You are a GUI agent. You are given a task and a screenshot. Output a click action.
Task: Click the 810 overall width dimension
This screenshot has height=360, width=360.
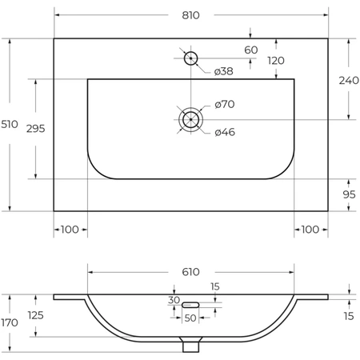pyautogui.click(x=190, y=15)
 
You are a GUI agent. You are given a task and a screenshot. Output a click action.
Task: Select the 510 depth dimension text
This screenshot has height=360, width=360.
pyautogui.click(x=10, y=124)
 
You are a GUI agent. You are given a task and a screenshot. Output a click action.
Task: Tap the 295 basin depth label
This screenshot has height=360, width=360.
pyautogui.click(x=36, y=129)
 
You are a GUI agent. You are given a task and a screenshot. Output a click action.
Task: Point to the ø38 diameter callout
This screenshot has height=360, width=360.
pyautogui.click(x=224, y=71)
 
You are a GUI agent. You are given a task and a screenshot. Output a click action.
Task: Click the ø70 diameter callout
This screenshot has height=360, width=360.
pyautogui.click(x=225, y=104)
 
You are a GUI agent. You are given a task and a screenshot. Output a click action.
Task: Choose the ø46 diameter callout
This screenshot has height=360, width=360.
pyautogui.click(x=225, y=132)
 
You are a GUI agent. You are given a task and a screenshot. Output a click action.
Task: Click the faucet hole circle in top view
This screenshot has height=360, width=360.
pyautogui.click(x=190, y=58)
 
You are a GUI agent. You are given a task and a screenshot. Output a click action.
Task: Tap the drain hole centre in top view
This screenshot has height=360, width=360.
pyautogui.click(x=190, y=119)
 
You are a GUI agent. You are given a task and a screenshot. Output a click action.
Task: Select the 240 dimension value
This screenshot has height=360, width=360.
pyautogui.click(x=349, y=80)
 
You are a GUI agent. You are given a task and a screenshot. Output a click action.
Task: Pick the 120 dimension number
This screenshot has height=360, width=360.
pyautogui.click(x=276, y=61)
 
